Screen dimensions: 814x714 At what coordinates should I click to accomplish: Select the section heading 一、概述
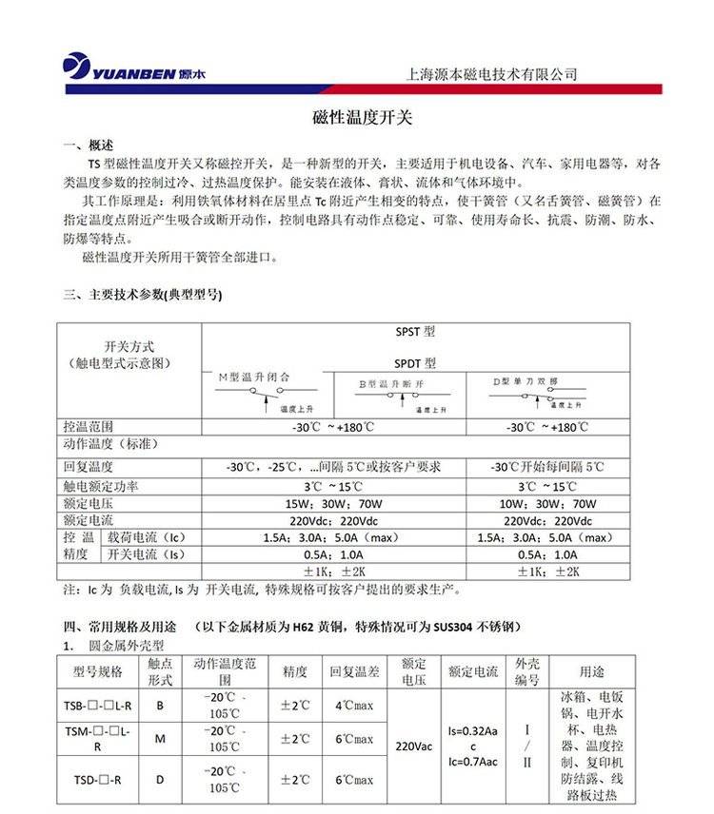pyautogui.click(x=88, y=145)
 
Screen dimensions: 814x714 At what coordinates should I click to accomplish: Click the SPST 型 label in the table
pyautogui.click(x=414, y=333)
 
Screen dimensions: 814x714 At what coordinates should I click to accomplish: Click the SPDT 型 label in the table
pyautogui.click(x=414, y=362)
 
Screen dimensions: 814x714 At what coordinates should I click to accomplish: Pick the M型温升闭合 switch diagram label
pyautogui.click(x=253, y=378)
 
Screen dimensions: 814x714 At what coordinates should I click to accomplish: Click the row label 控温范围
pyautogui.click(x=89, y=427)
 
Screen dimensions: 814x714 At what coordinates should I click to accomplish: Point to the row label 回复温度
pyautogui.click(x=89, y=467)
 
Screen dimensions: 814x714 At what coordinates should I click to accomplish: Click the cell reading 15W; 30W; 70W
pyautogui.click(x=333, y=503)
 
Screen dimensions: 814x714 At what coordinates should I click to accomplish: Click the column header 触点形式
pyautogui.click(x=159, y=671)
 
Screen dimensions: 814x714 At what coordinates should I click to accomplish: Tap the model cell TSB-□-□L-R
pyautogui.click(x=97, y=706)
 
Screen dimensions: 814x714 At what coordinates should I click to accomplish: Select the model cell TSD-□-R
pyautogui.click(x=97, y=780)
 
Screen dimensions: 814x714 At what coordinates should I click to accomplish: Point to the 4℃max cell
pyautogui.click(x=354, y=706)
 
